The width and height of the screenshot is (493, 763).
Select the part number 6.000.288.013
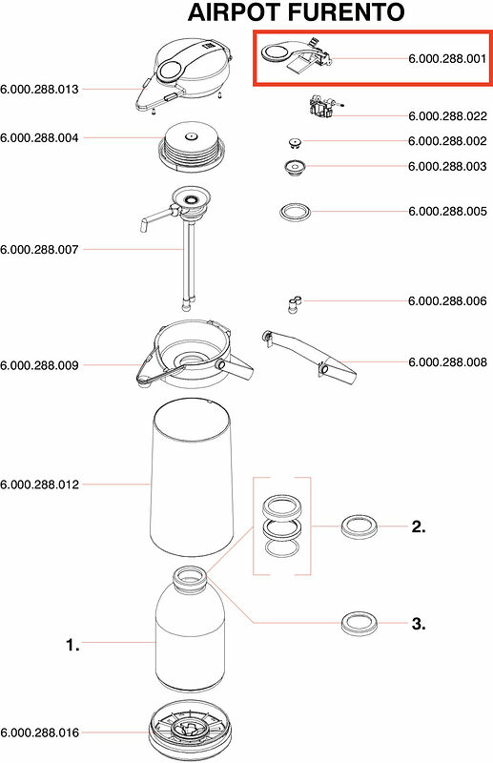click(39, 89)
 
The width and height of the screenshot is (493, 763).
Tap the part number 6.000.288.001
click(447, 59)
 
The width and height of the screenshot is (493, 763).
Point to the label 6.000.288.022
click(447, 115)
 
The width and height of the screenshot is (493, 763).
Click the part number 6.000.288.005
click(447, 211)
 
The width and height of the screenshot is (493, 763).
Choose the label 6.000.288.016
click(39, 732)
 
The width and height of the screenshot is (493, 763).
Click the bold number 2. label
click(419, 526)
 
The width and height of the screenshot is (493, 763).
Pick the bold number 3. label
click(419, 624)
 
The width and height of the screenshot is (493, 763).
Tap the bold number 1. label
click(72, 646)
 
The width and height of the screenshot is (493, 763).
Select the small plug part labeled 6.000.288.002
click(294, 142)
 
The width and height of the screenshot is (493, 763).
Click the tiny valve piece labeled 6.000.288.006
click(294, 304)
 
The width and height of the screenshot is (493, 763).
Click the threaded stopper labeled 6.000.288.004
click(192, 146)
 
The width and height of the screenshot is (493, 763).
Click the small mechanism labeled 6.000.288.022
click(323, 106)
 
